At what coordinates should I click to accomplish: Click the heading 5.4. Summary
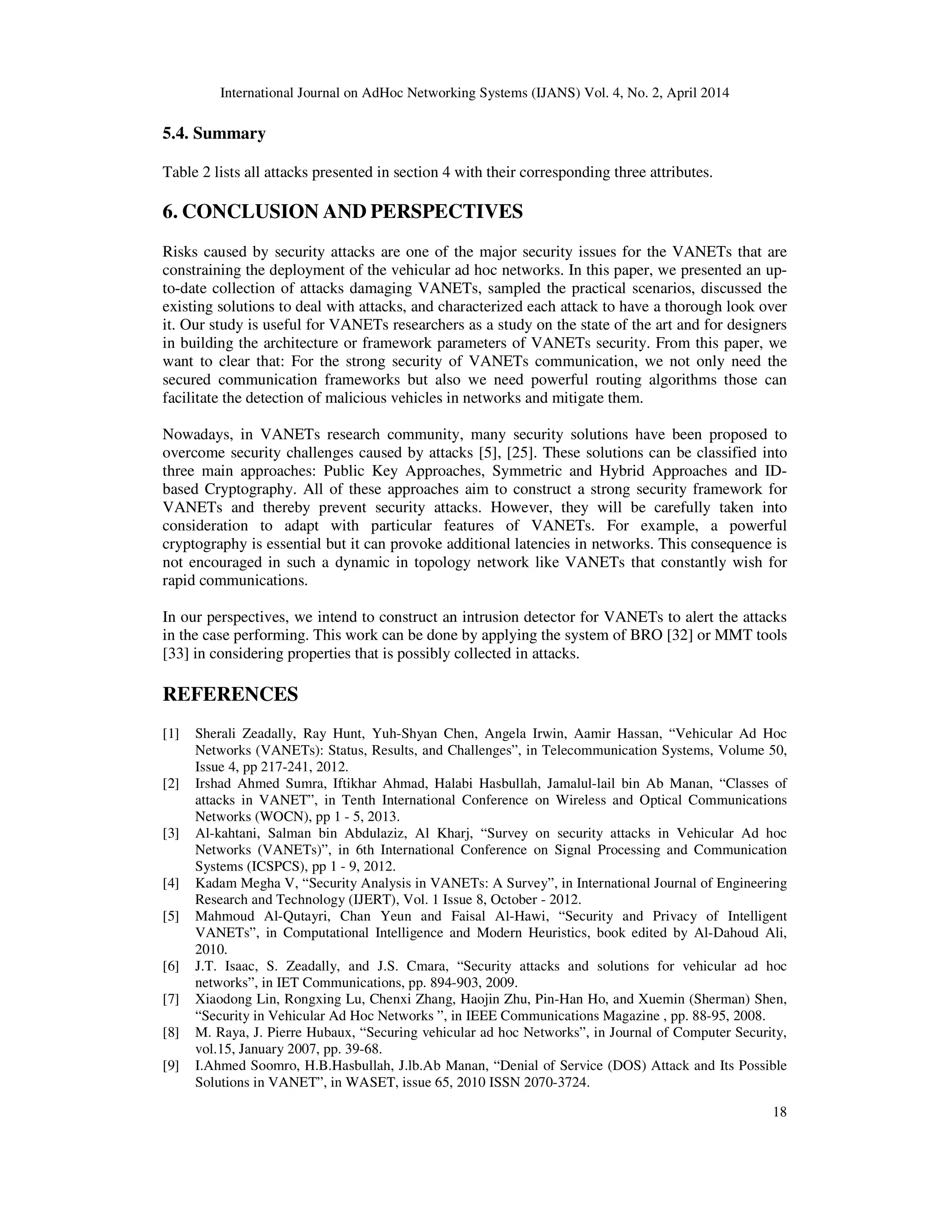pos(214,134)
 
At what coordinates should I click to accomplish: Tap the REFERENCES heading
pos(230,694)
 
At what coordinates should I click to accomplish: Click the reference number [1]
pos(171,734)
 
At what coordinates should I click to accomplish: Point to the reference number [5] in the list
pos(171,916)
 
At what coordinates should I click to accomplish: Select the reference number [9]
pos(171,1065)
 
